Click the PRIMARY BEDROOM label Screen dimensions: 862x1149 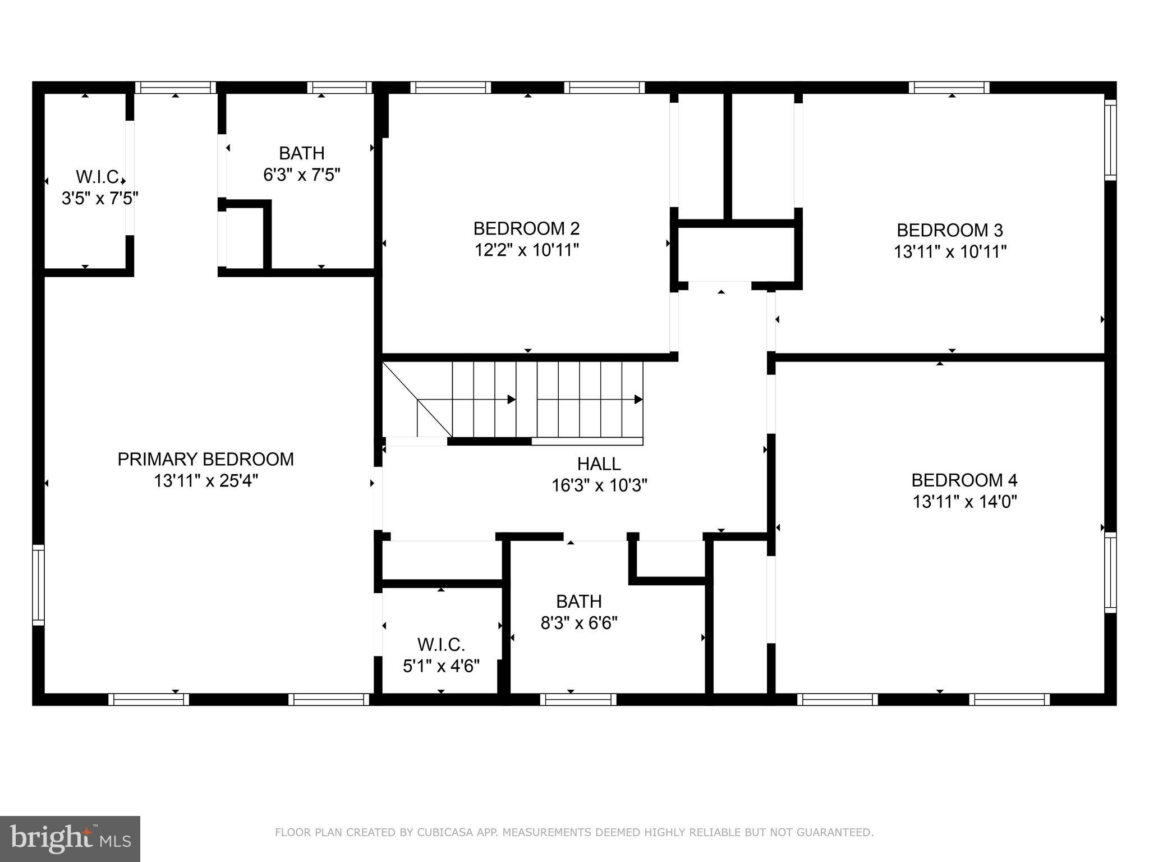[205, 459]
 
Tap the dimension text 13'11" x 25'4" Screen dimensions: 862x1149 [205, 481]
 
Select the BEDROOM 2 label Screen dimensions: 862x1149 [526, 228]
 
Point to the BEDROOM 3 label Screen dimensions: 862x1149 [949, 230]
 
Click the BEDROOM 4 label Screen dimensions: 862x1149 [964, 480]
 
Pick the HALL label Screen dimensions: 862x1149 [599, 464]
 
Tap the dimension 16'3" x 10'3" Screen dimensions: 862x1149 [599, 485]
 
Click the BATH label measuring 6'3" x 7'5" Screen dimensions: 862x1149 [302, 153]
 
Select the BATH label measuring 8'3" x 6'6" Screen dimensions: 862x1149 [578, 602]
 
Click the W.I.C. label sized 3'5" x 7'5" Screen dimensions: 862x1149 [99, 177]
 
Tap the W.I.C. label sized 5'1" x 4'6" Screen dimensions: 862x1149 [441, 644]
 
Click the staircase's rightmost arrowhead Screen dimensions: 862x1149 [638, 400]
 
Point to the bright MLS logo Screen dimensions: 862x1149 [70, 839]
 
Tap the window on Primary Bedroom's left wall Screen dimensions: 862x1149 [38, 584]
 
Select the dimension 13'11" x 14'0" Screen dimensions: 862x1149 [964, 501]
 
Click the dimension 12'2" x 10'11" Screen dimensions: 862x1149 [526, 250]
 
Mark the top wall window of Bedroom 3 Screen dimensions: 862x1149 [949, 88]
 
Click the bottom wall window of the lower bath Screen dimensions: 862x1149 [578, 699]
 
